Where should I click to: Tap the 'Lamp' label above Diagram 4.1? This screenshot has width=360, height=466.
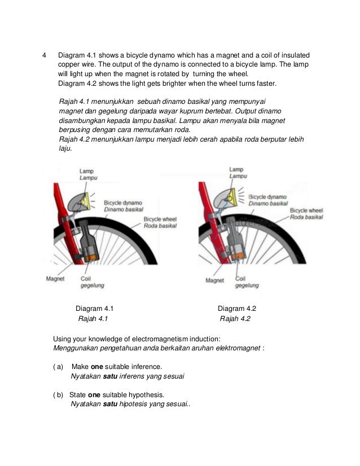click(x=86, y=170)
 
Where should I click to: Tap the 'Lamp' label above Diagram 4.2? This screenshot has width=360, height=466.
click(x=237, y=169)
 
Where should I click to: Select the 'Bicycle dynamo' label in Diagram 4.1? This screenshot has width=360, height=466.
click(x=123, y=203)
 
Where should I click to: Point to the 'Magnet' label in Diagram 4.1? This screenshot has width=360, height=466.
click(x=55, y=279)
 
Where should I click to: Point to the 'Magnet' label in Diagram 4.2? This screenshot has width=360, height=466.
click(x=214, y=280)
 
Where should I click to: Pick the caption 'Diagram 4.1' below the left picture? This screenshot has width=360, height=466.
click(x=95, y=309)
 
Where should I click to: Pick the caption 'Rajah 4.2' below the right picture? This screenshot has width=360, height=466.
click(x=235, y=319)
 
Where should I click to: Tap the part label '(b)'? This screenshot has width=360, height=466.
click(x=58, y=394)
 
